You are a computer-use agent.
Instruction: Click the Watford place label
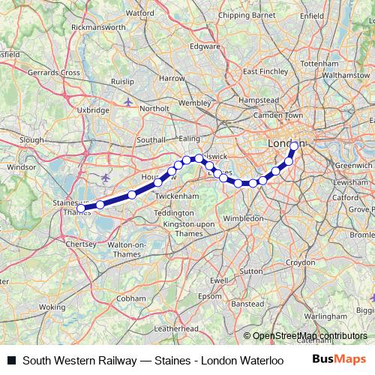coord(140,13)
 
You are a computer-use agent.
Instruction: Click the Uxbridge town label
coord(94,109)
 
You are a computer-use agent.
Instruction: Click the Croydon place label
coord(300,262)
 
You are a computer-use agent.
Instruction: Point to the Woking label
coord(52,307)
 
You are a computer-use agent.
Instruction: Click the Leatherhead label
coord(175,328)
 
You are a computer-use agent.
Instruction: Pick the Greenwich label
coord(352,164)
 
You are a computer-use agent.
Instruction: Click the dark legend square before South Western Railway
coord(11,360)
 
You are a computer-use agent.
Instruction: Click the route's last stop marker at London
coord(294,145)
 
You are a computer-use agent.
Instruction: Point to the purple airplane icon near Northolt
coord(130,100)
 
